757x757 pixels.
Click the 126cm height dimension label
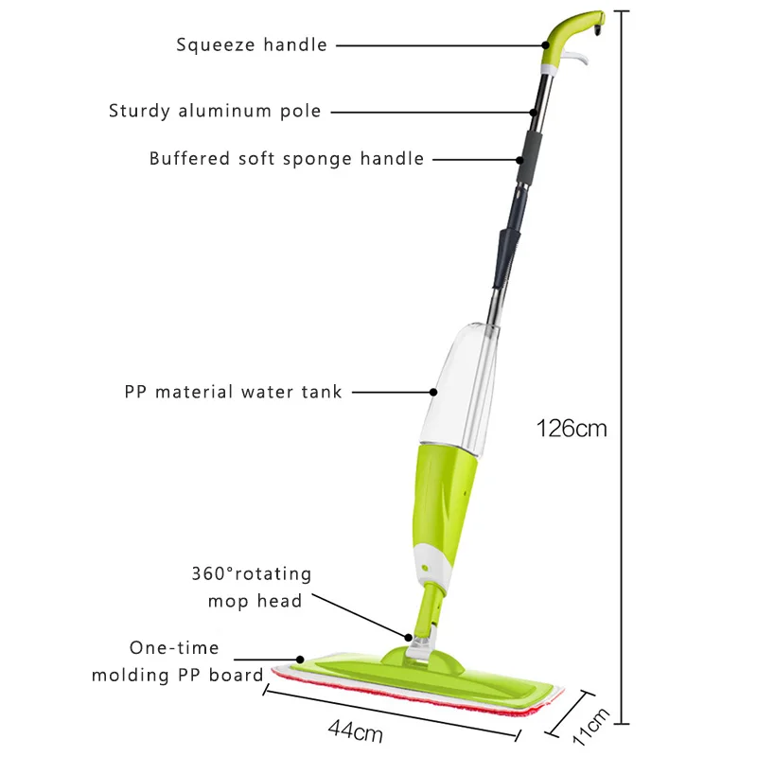coord(572,429)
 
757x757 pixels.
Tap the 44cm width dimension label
coord(356,730)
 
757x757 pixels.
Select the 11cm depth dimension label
coord(590,727)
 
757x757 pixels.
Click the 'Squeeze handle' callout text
coord(252,44)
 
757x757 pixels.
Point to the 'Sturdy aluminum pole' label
coord(215,111)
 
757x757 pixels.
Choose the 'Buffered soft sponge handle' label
coord(287,159)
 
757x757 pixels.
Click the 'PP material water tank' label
coord(233,392)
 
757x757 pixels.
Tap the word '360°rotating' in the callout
coord(252,573)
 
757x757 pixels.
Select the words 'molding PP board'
coord(177,675)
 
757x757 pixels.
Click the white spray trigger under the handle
coord(576,59)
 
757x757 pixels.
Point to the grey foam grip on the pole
coord(530,155)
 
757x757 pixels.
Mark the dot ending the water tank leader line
coord(433,392)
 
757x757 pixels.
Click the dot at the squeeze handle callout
coord(546,45)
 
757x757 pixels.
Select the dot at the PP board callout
coord(300,660)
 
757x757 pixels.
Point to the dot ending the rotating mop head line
coord(409,637)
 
